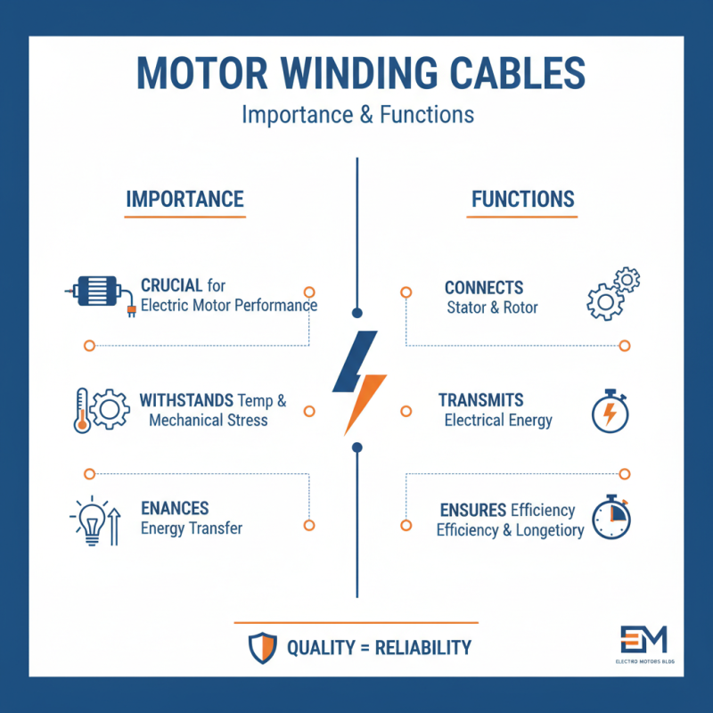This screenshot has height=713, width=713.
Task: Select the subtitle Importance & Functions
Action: pyautogui.click(x=357, y=115)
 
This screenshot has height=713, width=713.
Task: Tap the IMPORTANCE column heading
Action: pyautogui.click(x=184, y=199)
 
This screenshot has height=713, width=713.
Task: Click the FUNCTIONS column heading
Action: pyautogui.click(x=523, y=199)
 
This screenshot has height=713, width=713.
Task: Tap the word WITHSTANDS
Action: pyautogui.click(x=185, y=400)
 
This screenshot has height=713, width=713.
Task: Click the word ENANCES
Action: pyautogui.click(x=175, y=509)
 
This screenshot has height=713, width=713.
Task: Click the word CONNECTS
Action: pyautogui.click(x=484, y=289)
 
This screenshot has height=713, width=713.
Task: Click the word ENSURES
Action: pyautogui.click(x=474, y=510)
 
